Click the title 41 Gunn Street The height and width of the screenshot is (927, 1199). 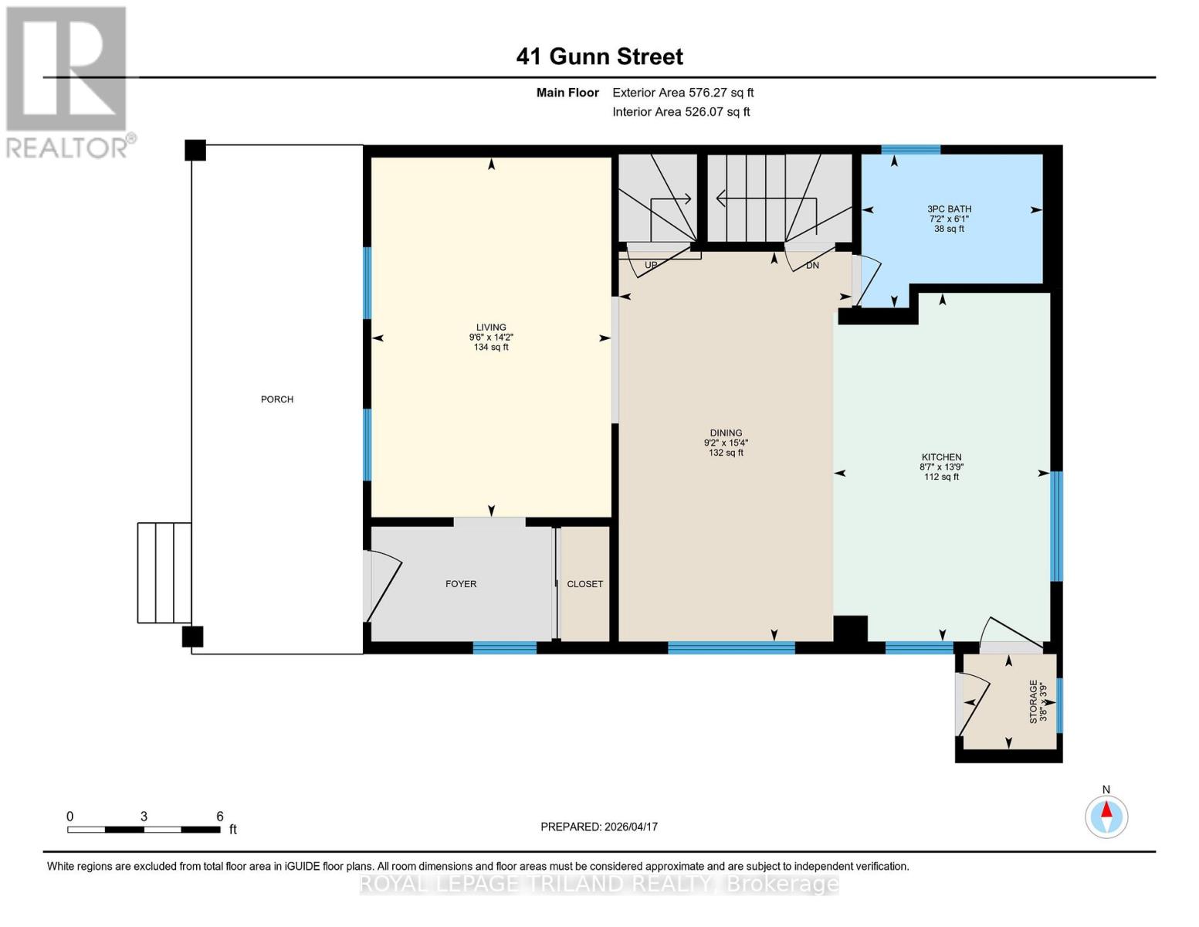click(599, 56)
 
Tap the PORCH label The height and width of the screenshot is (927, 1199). click(277, 399)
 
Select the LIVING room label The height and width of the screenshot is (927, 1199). click(491, 328)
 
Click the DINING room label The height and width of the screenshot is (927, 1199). click(726, 433)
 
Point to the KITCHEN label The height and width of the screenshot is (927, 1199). click(941, 457)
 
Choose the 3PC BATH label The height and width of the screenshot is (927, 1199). click(949, 209)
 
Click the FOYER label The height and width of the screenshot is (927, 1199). click(461, 584)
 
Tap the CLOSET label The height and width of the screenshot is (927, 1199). click(584, 584)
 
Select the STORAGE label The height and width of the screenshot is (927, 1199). click(1033, 701)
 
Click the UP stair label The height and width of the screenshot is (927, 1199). click(651, 265)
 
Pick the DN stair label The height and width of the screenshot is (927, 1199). click(812, 265)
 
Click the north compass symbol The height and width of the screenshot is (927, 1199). click(1106, 816)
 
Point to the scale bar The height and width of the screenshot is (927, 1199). click(144, 830)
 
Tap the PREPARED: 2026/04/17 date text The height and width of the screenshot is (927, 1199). click(599, 827)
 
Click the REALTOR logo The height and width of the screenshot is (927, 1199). click(68, 81)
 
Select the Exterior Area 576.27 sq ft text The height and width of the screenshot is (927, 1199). click(682, 93)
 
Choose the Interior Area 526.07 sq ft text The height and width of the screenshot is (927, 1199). click(681, 112)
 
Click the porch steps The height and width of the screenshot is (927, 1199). click(164, 572)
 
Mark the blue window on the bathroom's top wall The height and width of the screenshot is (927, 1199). click(911, 150)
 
